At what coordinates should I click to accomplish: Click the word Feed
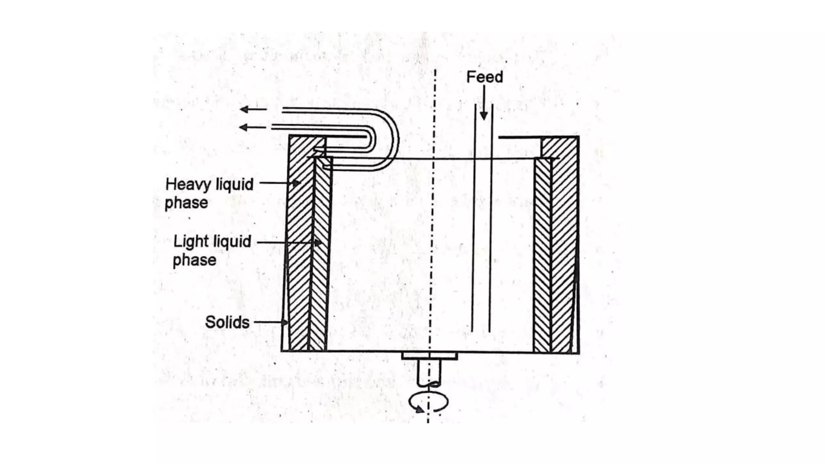point(485,77)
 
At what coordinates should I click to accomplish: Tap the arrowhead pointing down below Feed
point(484,116)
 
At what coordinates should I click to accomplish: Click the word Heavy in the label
point(188,184)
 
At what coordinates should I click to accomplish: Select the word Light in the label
point(191,242)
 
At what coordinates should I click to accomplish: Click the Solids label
point(227,322)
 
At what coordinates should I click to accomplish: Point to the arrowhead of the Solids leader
point(285,322)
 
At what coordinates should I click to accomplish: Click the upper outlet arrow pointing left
point(245,109)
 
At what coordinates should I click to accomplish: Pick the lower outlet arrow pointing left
point(244,128)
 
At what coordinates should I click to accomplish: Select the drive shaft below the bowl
point(429,373)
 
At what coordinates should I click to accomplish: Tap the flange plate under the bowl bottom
point(429,356)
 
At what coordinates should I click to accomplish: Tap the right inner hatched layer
point(542,258)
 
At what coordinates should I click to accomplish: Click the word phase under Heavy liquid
point(186,203)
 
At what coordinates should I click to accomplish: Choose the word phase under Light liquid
point(194,260)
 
